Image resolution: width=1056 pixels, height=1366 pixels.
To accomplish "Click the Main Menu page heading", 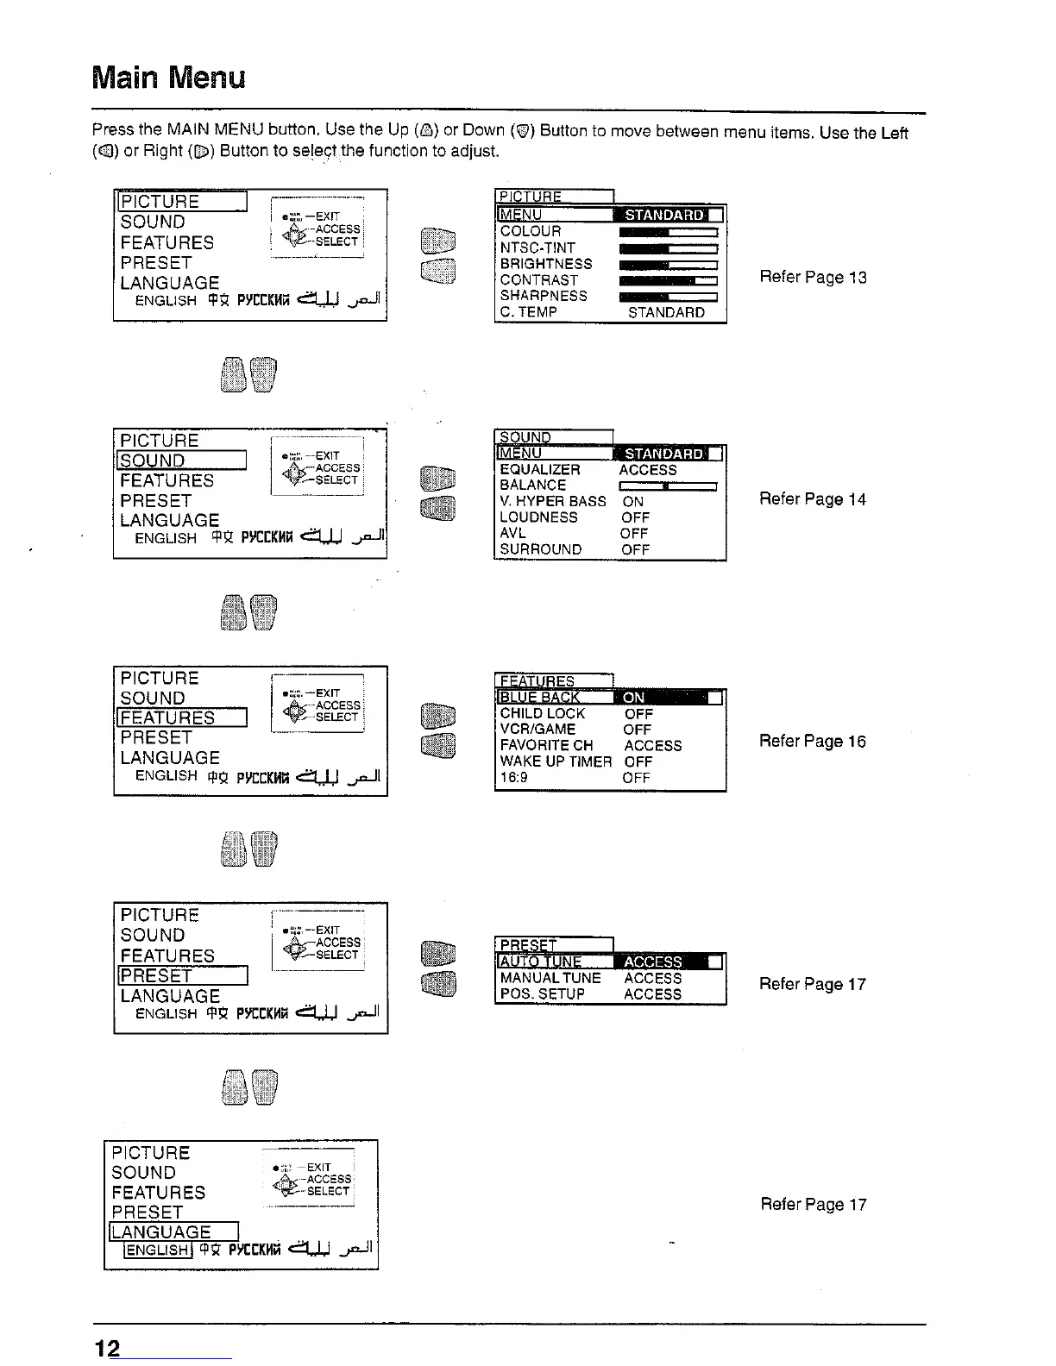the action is pos(169,78).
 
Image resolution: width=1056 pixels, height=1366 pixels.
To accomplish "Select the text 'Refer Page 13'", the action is pos(813,277).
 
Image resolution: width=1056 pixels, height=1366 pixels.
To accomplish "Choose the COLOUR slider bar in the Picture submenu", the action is pos(669,231).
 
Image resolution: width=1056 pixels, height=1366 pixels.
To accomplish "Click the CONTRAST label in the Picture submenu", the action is pos(539,279).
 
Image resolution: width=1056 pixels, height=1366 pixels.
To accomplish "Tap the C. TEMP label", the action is pos(529,312).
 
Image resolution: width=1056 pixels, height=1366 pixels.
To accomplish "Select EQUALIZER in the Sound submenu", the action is pos(540,469).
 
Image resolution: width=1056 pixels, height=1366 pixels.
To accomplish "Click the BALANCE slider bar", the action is pos(669,486).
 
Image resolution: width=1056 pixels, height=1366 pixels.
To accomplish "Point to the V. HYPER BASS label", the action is pos(553,501).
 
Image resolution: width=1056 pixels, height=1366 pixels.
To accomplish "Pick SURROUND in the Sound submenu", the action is pos(541,549).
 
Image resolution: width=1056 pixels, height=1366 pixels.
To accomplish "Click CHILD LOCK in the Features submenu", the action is pos(543,713).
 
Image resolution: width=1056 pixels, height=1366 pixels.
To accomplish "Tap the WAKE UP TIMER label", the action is pos(556,761).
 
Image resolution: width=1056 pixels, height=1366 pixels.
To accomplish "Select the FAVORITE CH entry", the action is pos(547,745).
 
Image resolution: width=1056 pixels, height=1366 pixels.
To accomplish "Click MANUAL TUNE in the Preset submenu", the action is pos(550,978).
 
